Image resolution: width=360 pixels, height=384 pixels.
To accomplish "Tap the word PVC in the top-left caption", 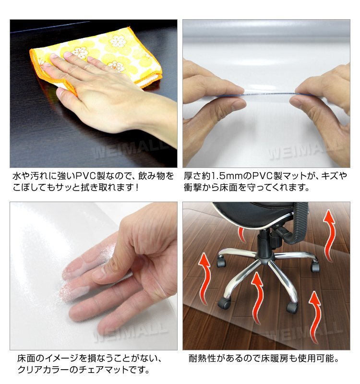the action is [x=85, y=176].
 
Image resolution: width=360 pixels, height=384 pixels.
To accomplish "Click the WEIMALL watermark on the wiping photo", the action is [x=129, y=149].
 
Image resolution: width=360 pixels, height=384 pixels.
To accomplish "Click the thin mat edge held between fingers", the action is [x=268, y=94].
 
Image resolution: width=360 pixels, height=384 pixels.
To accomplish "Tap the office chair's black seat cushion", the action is [x=255, y=214].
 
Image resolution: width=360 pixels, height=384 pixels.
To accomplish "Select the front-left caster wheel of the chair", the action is [x=224, y=303].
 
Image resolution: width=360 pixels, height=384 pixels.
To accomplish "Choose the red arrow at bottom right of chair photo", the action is [x=315, y=317].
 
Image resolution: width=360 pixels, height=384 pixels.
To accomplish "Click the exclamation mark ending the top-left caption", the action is [x=137, y=188].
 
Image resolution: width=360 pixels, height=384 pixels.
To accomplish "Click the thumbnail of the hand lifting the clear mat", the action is [x=94, y=276].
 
